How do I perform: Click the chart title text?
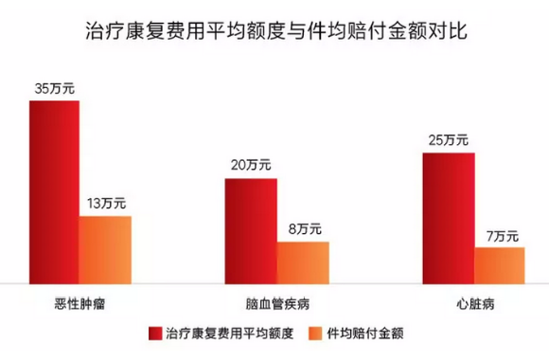tap(274, 30)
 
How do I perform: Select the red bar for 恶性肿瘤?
tap(54, 189)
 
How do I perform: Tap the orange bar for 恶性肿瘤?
tap(105, 248)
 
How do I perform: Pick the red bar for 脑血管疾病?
tap(251, 229)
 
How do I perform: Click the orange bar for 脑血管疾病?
tap(303, 261)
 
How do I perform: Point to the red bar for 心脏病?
tap(448, 217)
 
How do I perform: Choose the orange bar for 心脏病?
tap(500, 264)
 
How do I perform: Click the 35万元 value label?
tap(54, 88)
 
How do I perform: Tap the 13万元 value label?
tap(106, 204)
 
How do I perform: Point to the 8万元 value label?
tap(304, 228)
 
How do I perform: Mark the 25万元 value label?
tap(448, 140)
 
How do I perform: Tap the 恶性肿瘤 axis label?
tap(80, 305)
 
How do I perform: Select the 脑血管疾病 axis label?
tap(277, 305)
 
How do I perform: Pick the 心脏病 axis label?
tap(474, 305)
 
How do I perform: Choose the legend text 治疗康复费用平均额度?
tap(229, 334)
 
